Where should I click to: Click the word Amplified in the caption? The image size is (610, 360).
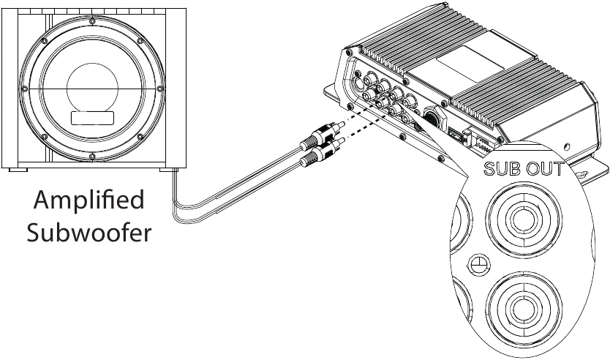click(x=89, y=200)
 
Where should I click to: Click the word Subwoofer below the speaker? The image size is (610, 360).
click(x=89, y=233)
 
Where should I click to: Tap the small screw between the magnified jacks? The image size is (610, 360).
click(x=478, y=265)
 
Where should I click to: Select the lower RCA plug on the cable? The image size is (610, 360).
click(x=323, y=151)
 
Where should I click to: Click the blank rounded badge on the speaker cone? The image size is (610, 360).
click(x=92, y=119)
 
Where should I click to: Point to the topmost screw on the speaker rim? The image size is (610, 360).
click(x=92, y=21)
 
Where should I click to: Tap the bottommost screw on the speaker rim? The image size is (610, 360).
click(x=92, y=157)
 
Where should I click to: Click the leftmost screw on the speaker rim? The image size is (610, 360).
click(x=25, y=89)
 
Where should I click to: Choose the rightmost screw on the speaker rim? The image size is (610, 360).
click(x=159, y=89)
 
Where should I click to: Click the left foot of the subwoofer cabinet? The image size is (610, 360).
click(x=18, y=170)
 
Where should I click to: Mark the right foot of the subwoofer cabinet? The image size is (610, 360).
click(x=168, y=170)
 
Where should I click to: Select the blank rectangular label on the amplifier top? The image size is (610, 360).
click(x=470, y=64)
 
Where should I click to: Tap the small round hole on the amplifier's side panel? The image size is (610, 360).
click(x=567, y=147)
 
